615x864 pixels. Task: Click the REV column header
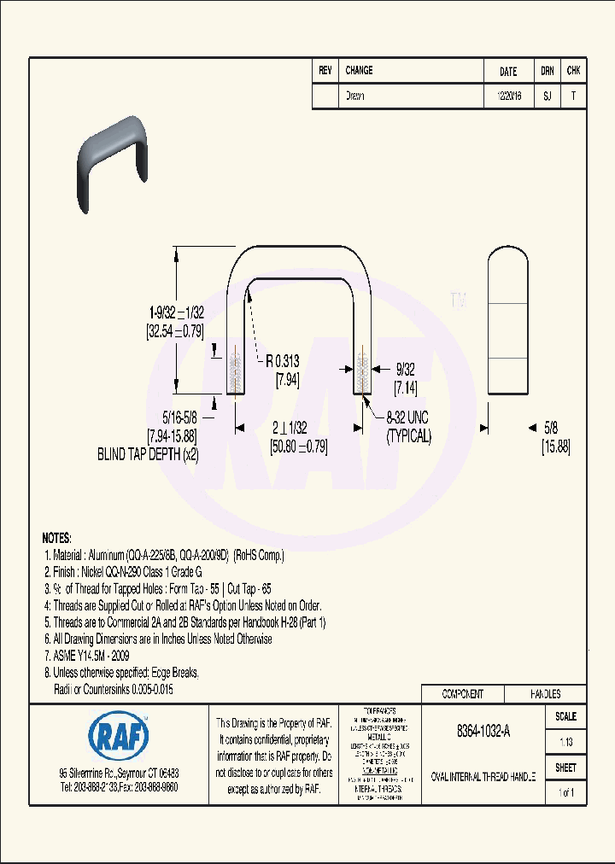[325, 72]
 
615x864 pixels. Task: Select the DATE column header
[507, 73]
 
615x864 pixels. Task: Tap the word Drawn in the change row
[355, 96]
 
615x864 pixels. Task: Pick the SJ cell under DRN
[547, 96]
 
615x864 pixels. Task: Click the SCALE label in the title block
[565, 716]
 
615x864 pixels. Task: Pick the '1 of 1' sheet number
[565, 793]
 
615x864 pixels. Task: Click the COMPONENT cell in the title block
[462, 694]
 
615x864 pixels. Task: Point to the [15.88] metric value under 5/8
[555, 447]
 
